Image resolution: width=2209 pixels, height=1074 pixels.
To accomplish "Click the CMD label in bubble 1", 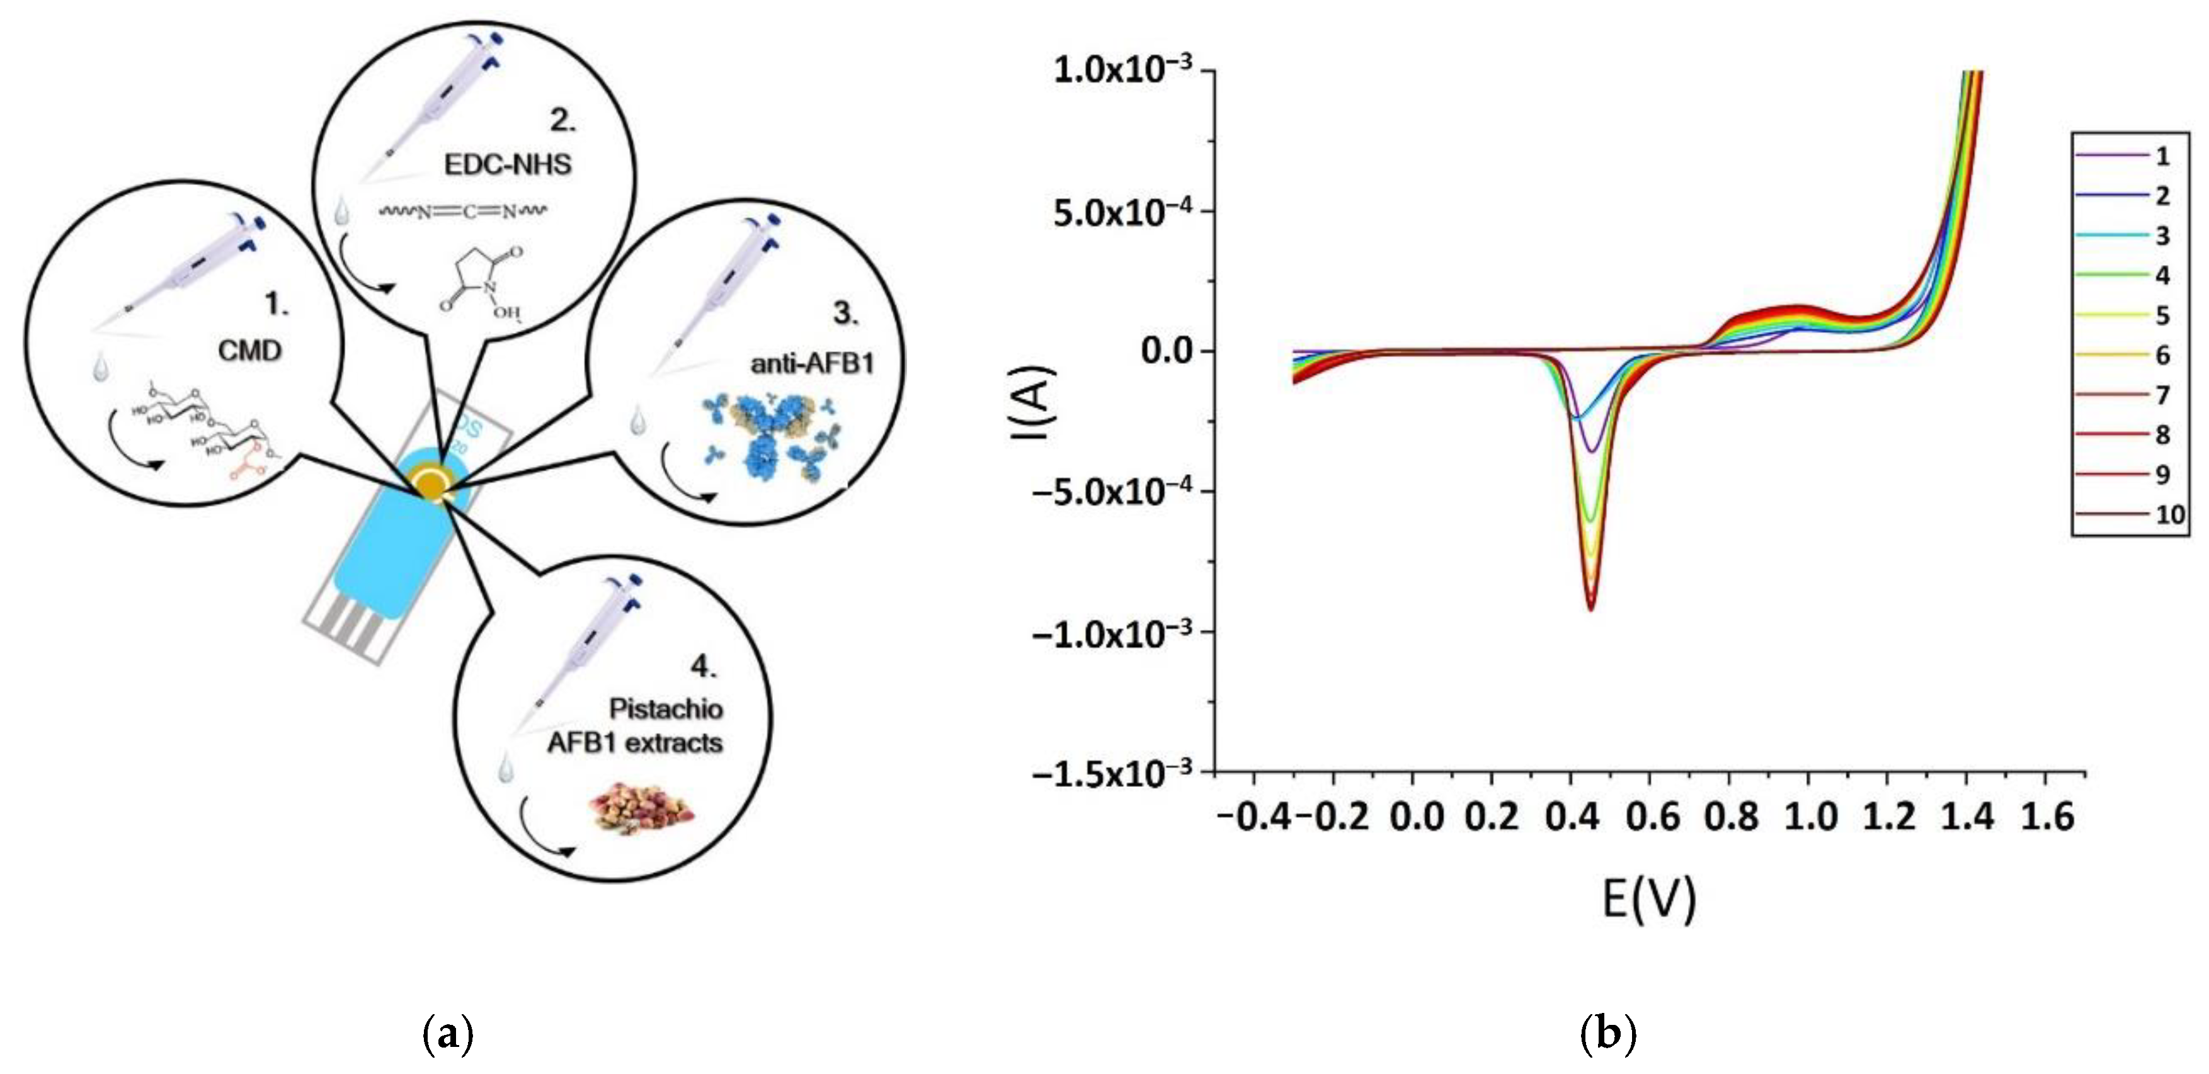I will click(249, 351).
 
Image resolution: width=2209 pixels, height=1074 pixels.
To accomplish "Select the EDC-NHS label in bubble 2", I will click(508, 164).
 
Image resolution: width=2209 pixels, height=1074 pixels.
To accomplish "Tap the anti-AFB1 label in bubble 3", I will click(812, 365).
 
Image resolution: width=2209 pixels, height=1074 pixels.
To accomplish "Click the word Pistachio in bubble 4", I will click(665, 709).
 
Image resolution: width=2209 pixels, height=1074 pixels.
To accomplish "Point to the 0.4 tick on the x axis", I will click(1571, 815).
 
